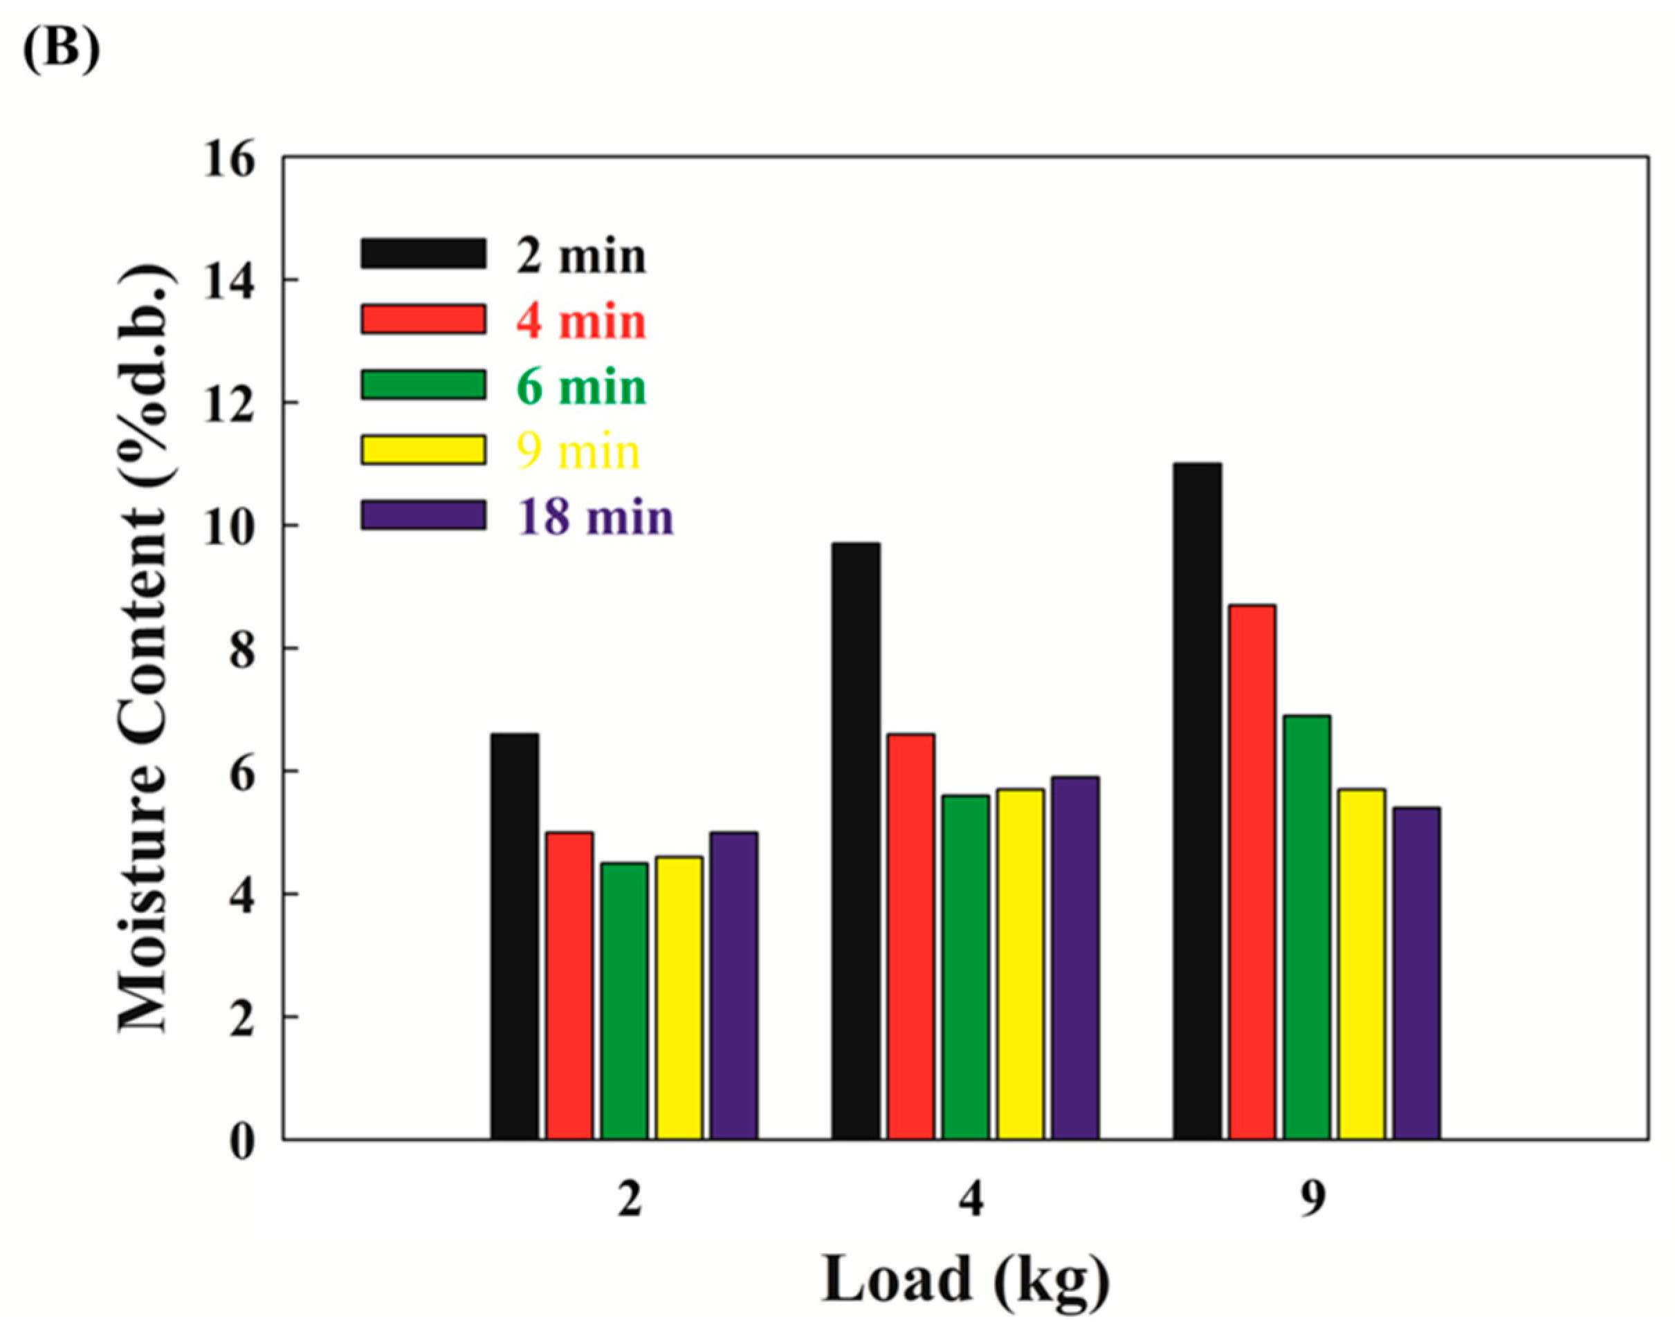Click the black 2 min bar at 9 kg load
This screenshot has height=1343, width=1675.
click(1197, 800)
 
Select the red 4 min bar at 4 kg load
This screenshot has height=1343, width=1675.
click(910, 936)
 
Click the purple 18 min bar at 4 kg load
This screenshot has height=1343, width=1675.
click(1074, 957)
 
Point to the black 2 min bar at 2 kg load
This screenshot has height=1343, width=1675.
click(514, 936)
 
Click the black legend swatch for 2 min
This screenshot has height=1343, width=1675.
click(423, 254)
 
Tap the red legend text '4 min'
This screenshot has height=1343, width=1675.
click(580, 320)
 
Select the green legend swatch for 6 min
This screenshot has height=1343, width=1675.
click(423, 385)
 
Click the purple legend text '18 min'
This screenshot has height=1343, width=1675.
click(595, 517)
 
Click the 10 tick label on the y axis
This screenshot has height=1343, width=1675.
click(229, 527)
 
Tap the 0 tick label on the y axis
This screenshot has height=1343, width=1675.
click(241, 1142)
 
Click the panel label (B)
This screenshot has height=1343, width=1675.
click(61, 49)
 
